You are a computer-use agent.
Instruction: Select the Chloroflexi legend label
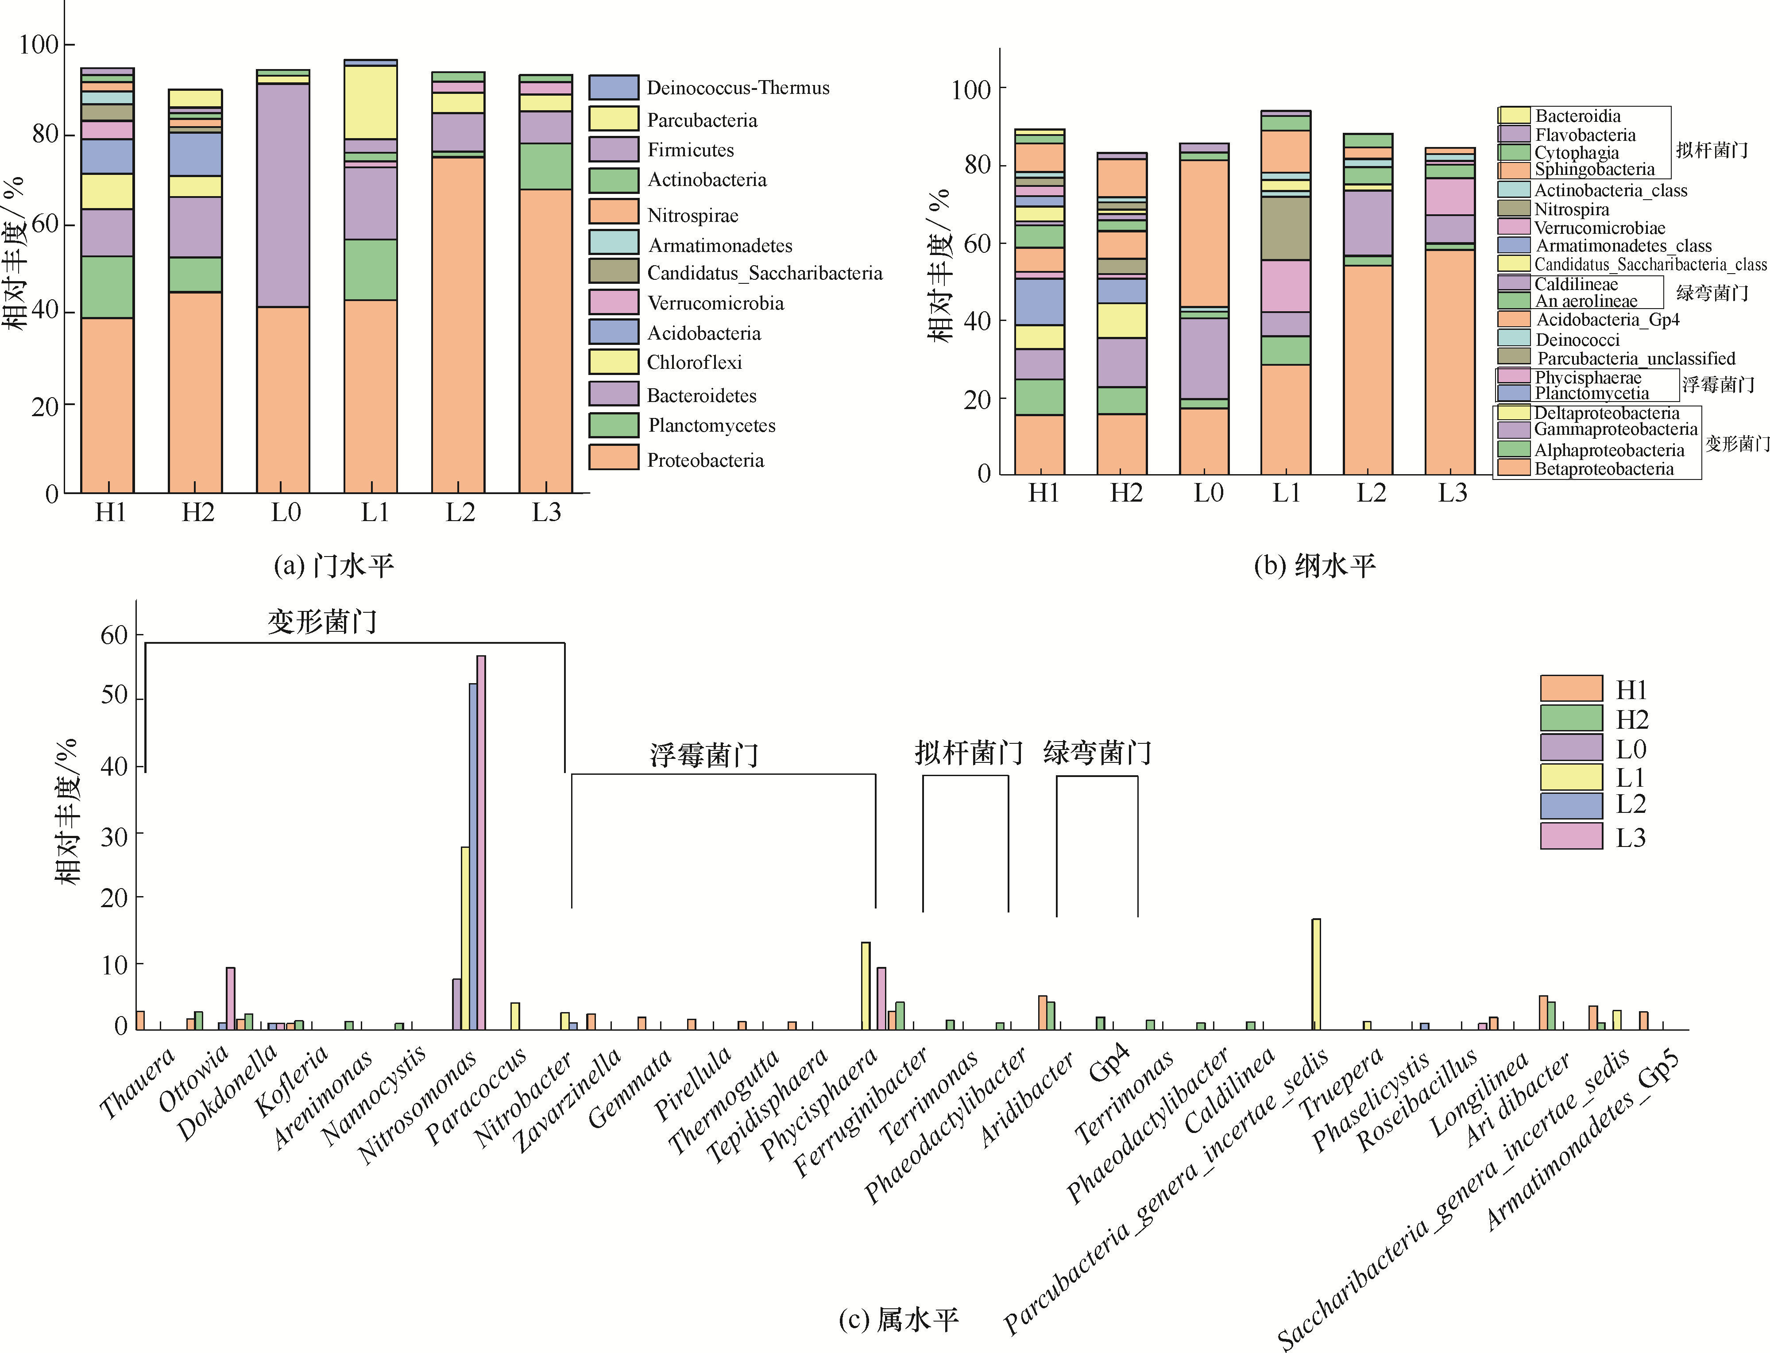coord(694,363)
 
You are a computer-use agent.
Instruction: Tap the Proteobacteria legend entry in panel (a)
coord(705,460)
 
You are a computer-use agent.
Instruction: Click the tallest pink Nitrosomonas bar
coord(481,842)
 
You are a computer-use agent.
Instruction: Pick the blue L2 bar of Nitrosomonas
coord(473,856)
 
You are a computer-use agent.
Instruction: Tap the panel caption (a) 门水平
coord(333,566)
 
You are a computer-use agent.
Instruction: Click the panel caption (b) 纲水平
coord(1314,566)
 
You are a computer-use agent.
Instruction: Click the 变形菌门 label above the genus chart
coord(322,622)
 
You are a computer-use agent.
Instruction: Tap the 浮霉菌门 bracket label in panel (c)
coord(704,754)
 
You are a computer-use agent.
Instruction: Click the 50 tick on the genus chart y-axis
coord(113,695)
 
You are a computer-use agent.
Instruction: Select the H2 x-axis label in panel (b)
coord(1126,493)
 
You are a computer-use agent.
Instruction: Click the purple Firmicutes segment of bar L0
coord(282,195)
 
